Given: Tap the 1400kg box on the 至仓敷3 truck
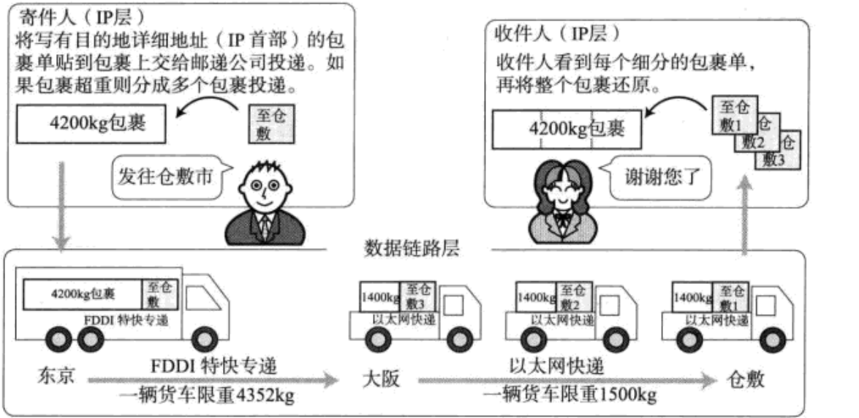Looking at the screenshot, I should (x=379, y=297).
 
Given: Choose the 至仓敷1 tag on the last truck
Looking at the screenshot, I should (x=730, y=296).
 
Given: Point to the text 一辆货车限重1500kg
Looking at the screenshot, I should (x=569, y=395).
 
